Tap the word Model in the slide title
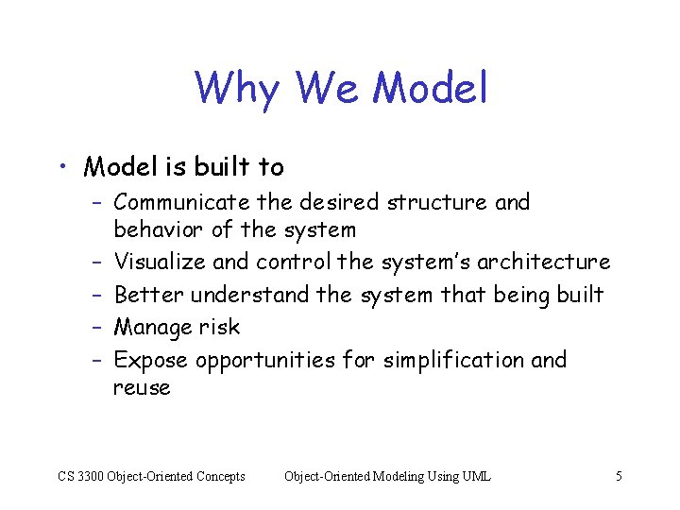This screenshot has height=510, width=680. point(431,88)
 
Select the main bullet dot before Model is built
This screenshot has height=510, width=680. point(61,168)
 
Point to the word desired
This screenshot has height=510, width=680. point(338,202)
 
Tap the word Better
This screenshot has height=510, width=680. point(148,295)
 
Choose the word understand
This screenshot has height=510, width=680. point(249,295)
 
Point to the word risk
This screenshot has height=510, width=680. point(219,327)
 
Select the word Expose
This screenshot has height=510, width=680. point(151,360)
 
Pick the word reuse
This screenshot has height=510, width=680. point(142,388)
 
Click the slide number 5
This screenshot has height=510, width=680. point(619,476)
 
